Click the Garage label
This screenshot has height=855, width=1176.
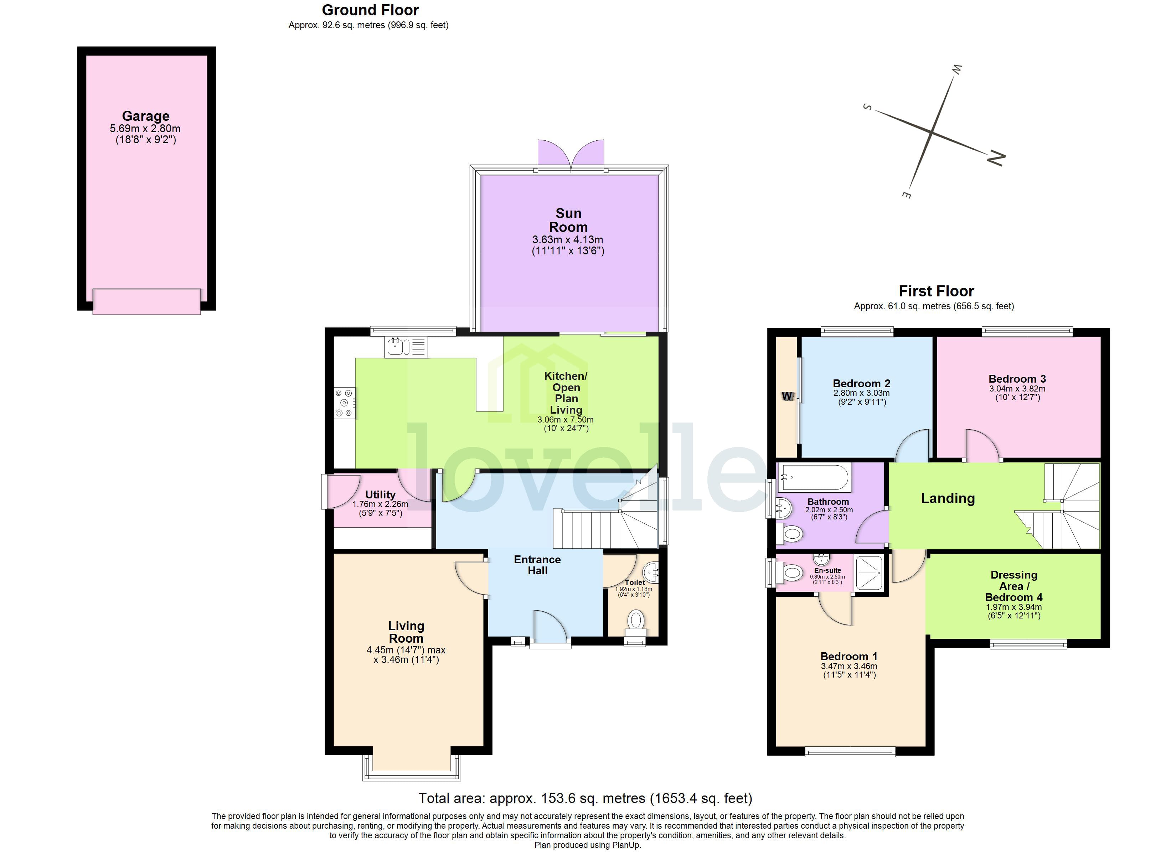pyautogui.click(x=146, y=116)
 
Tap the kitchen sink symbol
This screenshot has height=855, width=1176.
pyautogui.click(x=406, y=347)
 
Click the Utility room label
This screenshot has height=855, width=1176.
pyautogui.click(x=380, y=494)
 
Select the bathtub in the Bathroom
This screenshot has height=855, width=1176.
pyautogui.click(x=815, y=477)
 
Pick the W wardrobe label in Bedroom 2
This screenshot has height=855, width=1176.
pyautogui.click(x=787, y=396)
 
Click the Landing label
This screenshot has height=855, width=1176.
pyautogui.click(x=948, y=498)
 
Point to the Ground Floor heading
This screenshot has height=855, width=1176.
pyautogui.click(x=370, y=10)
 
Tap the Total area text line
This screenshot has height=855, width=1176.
pyautogui.click(x=585, y=798)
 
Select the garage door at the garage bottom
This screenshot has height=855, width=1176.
pyautogui.click(x=147, y=301)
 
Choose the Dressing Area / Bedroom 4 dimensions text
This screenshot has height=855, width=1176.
pyautogui.click(x=1014, y=611)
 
